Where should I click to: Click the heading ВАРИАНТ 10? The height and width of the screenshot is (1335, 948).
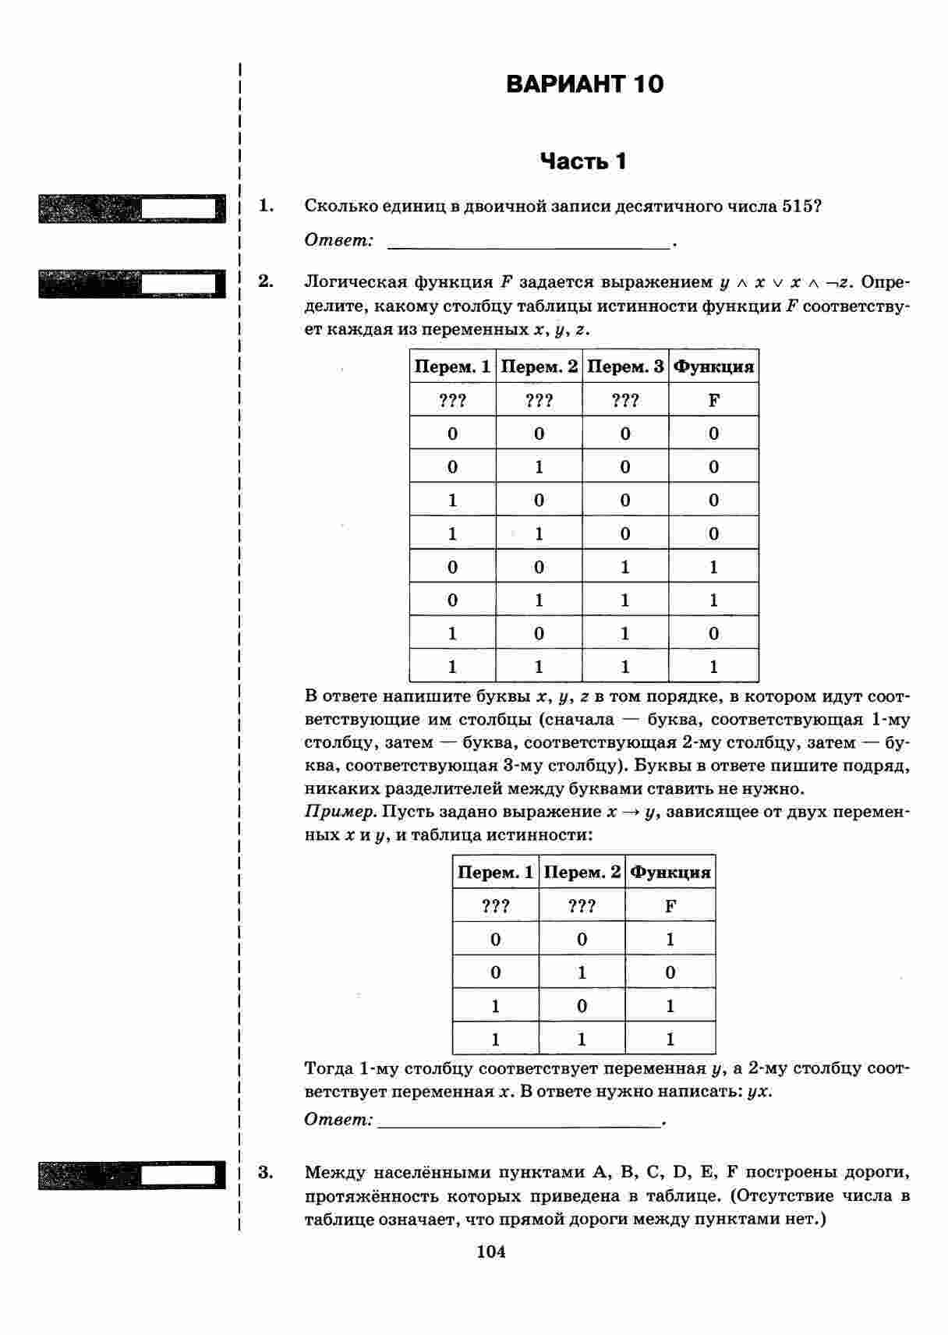585,84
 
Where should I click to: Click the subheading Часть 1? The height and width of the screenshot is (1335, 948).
584,161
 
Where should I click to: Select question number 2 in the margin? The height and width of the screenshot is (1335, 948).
266,282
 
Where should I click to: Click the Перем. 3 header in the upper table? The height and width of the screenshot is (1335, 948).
625,367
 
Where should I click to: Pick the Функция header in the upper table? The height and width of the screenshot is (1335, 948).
713,367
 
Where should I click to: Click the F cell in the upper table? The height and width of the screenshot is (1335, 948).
713,400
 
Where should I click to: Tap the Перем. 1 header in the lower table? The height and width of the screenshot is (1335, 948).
496,872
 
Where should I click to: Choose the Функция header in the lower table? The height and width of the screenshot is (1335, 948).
670,872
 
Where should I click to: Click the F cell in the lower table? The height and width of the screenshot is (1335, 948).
670,905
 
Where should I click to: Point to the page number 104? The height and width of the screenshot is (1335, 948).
491,1252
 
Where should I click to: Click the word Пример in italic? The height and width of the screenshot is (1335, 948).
340,812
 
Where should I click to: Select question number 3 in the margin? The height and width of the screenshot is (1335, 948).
266,1172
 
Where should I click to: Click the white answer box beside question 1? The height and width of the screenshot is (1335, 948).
179,208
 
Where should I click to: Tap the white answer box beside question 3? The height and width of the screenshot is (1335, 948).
179,1175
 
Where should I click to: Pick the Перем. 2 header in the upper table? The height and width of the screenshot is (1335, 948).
539,367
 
